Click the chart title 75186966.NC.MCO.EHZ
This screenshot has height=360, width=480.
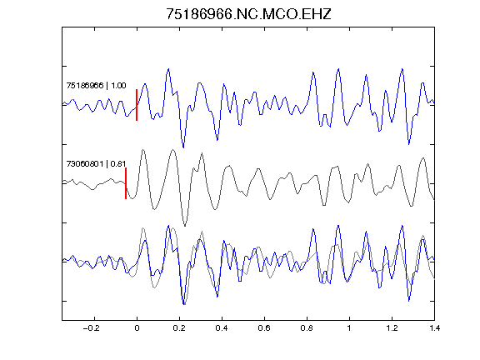248,14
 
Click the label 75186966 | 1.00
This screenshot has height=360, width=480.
96,85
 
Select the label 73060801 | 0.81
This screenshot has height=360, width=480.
96,164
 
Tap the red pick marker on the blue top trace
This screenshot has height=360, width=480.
137,105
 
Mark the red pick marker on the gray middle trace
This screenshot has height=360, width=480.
126,183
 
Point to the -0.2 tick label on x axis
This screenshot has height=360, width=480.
91,328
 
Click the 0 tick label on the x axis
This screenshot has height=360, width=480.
137,328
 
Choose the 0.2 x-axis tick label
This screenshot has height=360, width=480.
179,328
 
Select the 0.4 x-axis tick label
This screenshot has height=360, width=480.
222,328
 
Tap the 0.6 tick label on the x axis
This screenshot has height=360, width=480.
264,328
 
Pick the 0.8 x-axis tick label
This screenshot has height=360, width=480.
307,328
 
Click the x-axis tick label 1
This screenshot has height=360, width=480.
349,328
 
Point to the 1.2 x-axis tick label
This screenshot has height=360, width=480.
392,328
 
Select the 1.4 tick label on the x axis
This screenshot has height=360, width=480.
434,328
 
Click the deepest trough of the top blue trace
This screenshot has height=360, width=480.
183,147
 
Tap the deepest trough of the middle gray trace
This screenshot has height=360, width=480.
185,226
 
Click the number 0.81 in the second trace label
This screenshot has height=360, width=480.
118,164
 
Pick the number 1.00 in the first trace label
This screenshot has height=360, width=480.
118,85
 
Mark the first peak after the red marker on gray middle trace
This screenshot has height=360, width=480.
143,150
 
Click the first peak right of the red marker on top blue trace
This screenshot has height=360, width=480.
145,83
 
